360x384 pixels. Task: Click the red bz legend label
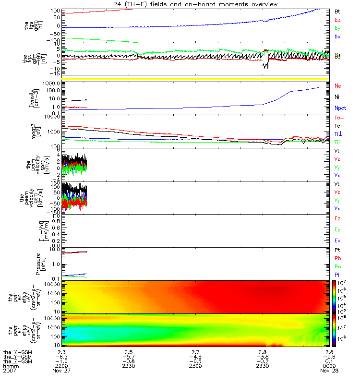click(337, 19)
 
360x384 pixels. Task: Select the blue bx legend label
click(337, 36)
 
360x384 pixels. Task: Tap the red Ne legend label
click(338, 85)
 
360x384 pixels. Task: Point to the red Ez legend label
click(337, 218)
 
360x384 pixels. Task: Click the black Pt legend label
click(337, 251)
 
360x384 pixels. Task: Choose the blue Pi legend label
click(337, 275)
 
